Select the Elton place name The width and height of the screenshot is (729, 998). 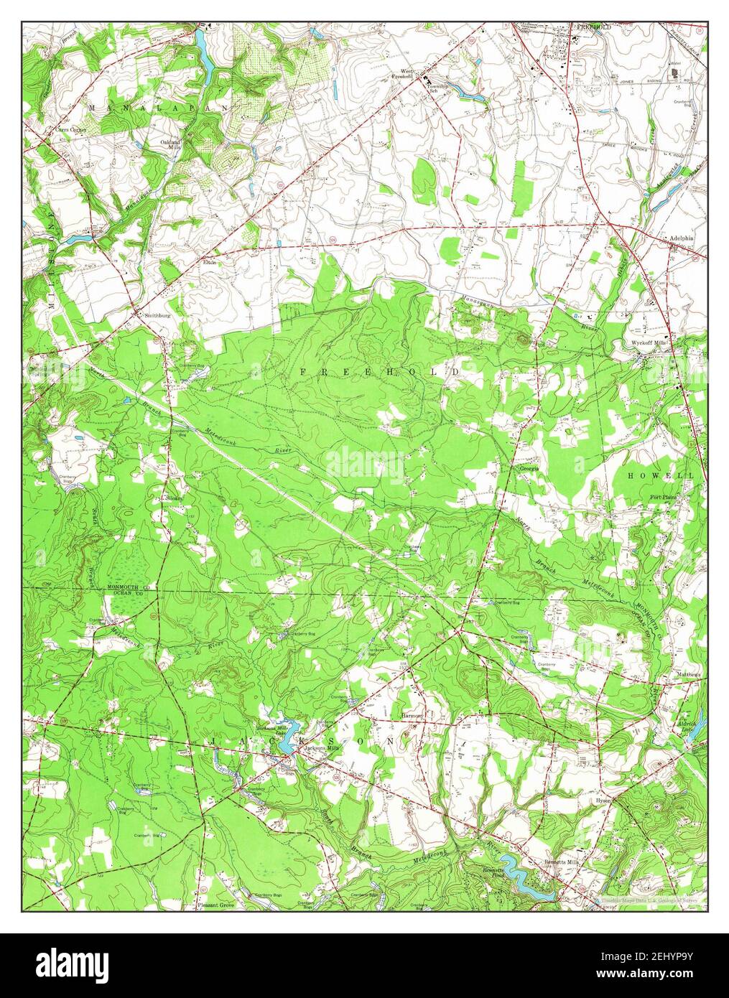210,262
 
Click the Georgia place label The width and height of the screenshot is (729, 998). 529,469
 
